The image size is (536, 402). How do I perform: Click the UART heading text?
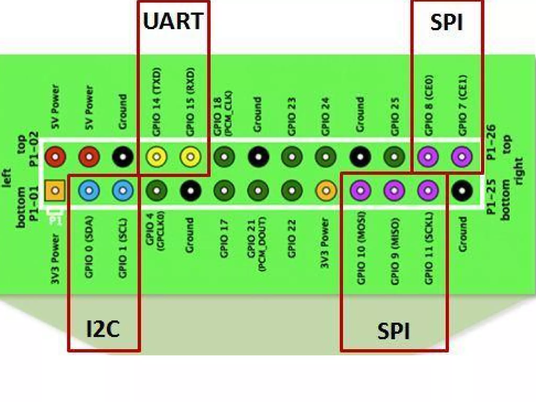click(173, 21)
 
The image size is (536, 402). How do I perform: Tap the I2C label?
click(103, 329)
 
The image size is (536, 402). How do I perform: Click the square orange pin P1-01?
click(55, 190)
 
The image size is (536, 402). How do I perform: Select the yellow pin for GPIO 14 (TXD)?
click(157, 157)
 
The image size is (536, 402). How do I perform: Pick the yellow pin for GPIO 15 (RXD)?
click(191, 157)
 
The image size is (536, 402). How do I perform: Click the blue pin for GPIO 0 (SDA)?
click(89, 190)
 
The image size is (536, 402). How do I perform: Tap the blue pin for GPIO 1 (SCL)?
click(123, 190)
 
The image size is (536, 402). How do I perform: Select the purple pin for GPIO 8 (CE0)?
click(428, 157)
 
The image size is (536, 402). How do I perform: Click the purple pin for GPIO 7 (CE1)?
click(462, 157)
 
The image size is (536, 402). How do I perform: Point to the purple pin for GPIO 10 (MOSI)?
click(360, 190)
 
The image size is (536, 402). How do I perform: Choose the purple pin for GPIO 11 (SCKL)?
click(428, 190)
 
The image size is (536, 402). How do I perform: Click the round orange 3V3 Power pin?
click(326, 190)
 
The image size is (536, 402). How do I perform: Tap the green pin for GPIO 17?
click(224, 190)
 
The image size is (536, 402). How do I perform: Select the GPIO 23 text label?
click(292, 117)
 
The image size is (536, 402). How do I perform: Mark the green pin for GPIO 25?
click(394, 157)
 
